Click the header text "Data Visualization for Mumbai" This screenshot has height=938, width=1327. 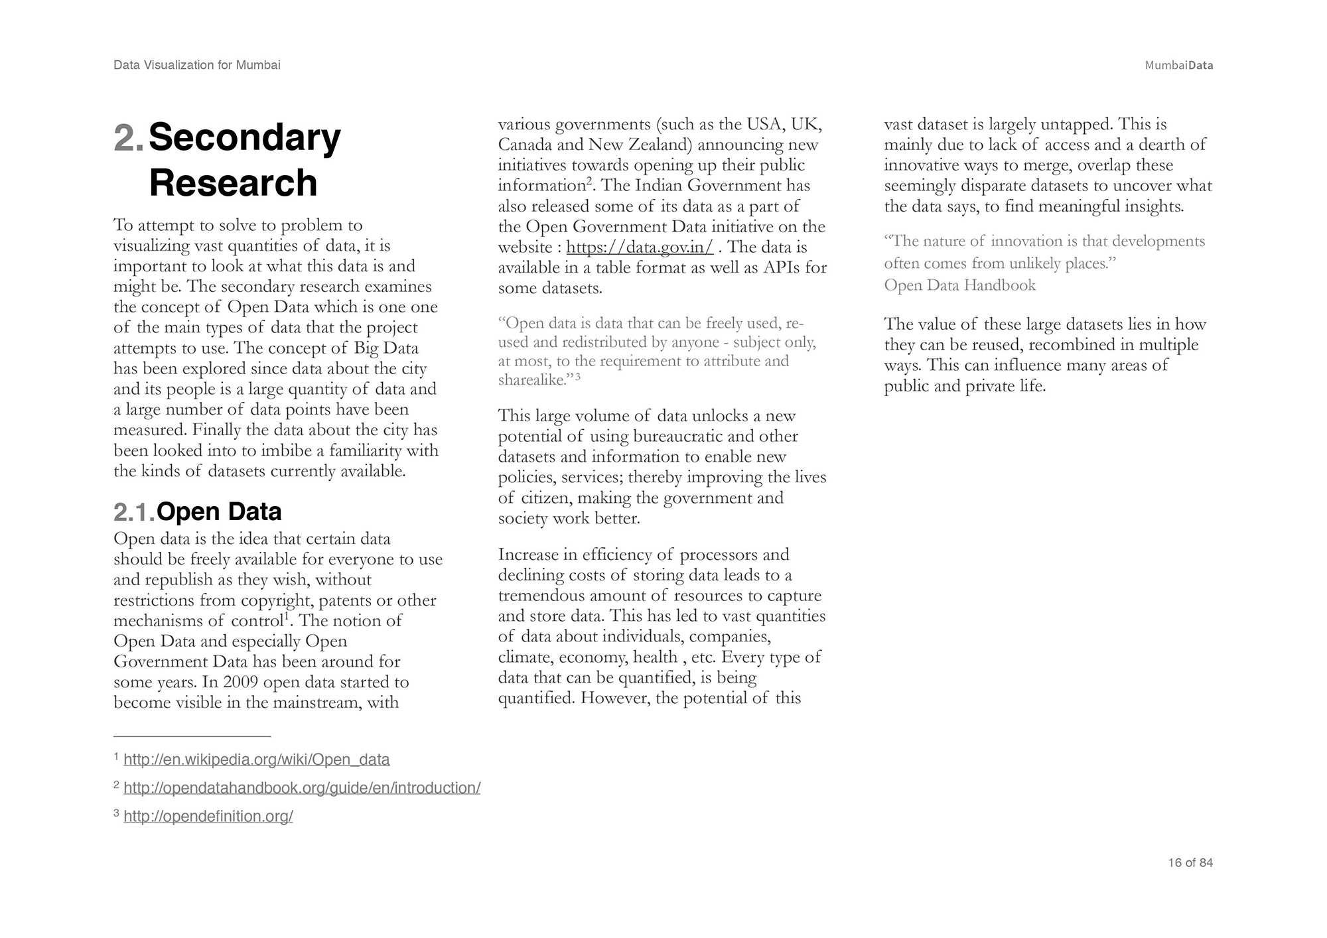point(196,65)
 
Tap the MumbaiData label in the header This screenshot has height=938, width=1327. point(1178,66)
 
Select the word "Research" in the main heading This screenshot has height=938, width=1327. point(233,182)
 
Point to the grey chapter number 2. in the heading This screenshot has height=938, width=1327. point(128,138)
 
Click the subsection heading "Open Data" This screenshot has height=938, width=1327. point(219,511)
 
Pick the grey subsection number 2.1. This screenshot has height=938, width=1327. point(133,512)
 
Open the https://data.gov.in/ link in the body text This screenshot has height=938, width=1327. point(640,247)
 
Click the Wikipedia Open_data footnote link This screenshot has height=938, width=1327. point(256,760)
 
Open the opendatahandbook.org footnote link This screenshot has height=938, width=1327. point(302,788)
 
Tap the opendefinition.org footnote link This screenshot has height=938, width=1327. point(208,817)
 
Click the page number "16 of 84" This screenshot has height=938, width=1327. point(1190,862)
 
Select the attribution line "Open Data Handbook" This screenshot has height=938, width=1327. point(959,285)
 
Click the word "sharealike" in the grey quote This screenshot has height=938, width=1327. point(531,381)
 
